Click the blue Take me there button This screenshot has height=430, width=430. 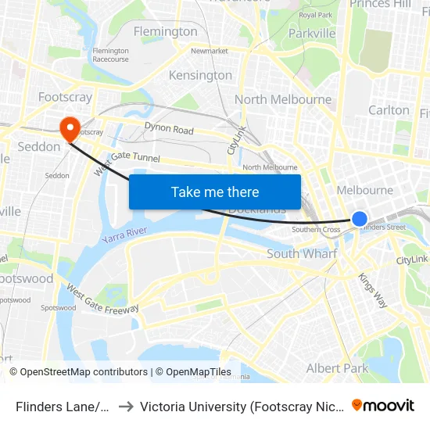tap(215, 192)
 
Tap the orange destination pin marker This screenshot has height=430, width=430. tap(69, 128)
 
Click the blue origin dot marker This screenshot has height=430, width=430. tap(359, 219)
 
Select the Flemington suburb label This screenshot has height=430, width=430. tap(166, 31)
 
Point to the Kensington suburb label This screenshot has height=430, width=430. tap(201, 75)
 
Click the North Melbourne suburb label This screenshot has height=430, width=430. tap(283, 99)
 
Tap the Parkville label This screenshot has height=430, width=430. tap(312, 33)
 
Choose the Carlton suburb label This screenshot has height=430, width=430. tap(389, 110)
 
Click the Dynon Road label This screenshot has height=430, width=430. tap(169, 129)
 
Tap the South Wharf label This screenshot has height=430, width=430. tap(302, 253)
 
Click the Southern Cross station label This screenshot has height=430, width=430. tap(316, 230)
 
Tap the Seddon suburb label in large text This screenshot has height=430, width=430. tap(38, 146)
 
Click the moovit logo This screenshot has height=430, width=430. tap(383, 405)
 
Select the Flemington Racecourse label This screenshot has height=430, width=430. tap(110, 55)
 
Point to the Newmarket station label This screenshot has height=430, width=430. tap(209, 51)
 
